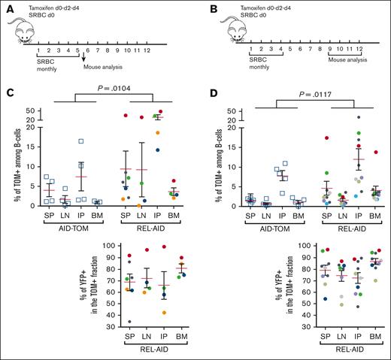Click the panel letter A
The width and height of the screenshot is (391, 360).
tap(5, 6)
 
